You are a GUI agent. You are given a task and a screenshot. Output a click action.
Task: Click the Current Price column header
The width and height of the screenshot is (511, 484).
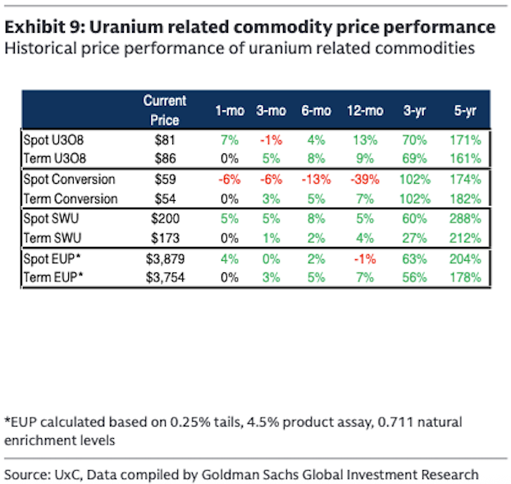click(x=165, y=109)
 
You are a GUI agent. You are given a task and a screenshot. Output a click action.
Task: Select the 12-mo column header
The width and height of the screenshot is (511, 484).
click(x=365, y=110)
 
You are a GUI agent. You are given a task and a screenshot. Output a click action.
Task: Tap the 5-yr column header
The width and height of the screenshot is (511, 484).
click(x=466, y=110)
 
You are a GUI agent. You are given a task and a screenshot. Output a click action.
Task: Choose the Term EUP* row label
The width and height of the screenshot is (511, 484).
click(x=55, y=276)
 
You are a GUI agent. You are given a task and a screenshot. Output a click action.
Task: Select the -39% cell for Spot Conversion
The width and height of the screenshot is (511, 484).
click(x=365, y=180)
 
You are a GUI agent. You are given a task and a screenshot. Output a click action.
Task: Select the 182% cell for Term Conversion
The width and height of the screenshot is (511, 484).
click(x=465, y=199)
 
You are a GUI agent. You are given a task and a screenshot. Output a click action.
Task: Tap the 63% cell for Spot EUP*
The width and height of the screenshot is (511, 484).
click(x=415, y=259)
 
